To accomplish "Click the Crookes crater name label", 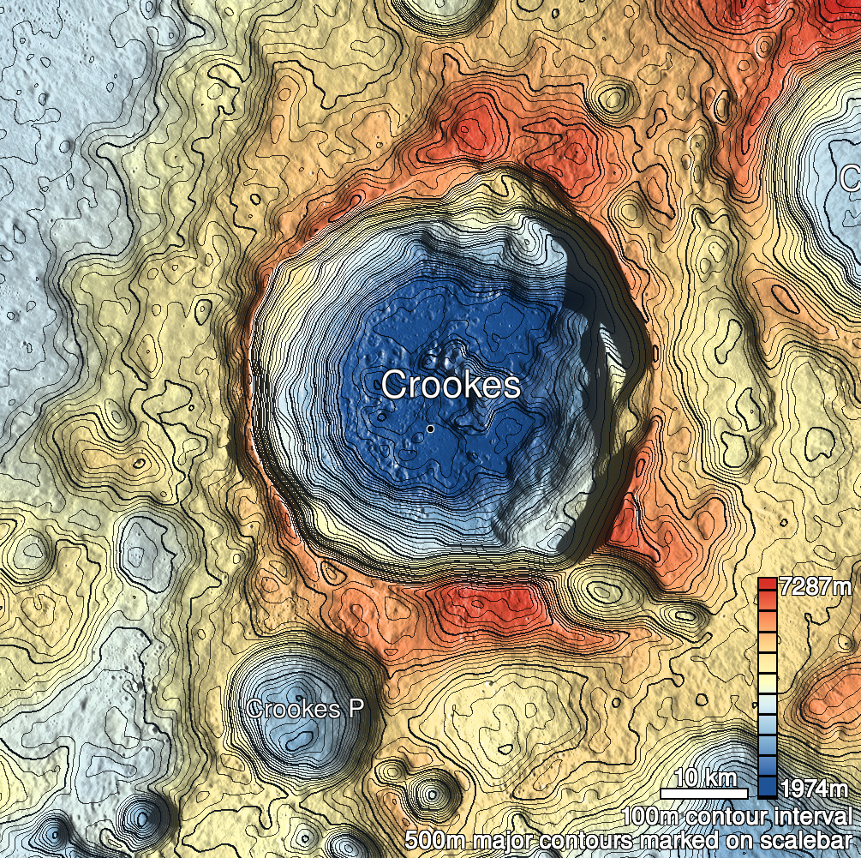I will click(451, 385).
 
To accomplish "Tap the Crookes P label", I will click(305, 709).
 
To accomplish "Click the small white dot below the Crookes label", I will click(430, 428).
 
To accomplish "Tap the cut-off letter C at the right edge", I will click(850, 178).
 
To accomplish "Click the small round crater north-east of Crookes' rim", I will click(613, 98).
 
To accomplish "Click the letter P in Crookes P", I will click(356, 709).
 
